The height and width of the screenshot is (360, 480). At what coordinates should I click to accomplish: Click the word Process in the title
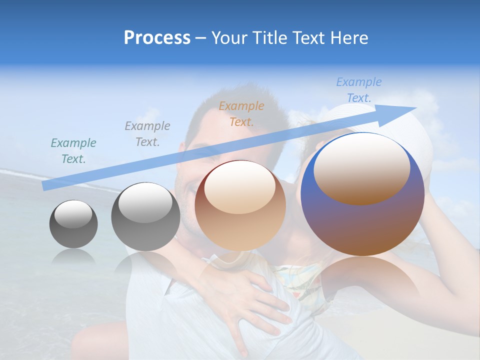157,38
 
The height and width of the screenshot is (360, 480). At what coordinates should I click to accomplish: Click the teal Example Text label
73,151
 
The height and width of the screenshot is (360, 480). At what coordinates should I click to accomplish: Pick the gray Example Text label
147,134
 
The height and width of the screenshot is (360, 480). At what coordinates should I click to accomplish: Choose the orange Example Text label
241,113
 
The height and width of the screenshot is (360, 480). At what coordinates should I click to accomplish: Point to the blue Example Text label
358,90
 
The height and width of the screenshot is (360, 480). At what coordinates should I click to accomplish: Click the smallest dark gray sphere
73,224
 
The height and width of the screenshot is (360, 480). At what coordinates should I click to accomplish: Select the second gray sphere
145,216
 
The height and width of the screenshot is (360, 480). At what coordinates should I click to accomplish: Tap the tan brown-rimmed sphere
240,205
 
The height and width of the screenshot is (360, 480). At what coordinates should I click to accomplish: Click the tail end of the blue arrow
45,186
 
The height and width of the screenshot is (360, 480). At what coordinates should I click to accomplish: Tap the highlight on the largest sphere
362,167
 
